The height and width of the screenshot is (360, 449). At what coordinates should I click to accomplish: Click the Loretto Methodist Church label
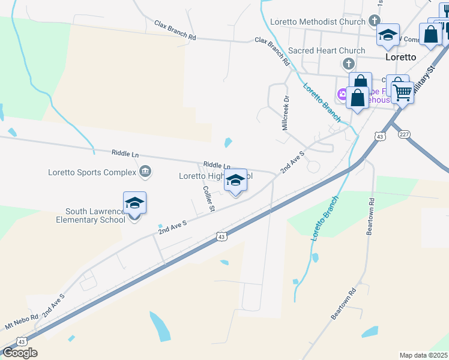(x=318, y=22)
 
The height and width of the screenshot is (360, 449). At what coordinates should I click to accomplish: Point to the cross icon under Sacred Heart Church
(x=348, y=64)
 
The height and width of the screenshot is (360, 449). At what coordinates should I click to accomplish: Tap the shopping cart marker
(x=402, y=92)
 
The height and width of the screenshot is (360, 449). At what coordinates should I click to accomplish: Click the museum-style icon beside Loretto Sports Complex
(x=145, y=173)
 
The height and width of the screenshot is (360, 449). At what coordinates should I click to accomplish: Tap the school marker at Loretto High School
(x=235, y=180)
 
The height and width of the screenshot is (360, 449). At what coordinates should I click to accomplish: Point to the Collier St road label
(x=209, y=199)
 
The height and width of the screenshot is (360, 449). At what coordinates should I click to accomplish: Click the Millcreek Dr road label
(x=286, y=113)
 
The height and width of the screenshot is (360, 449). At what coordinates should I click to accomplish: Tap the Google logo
(x=19, y=353)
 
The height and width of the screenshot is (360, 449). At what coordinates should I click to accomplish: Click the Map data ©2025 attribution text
(x=423, y=355)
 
